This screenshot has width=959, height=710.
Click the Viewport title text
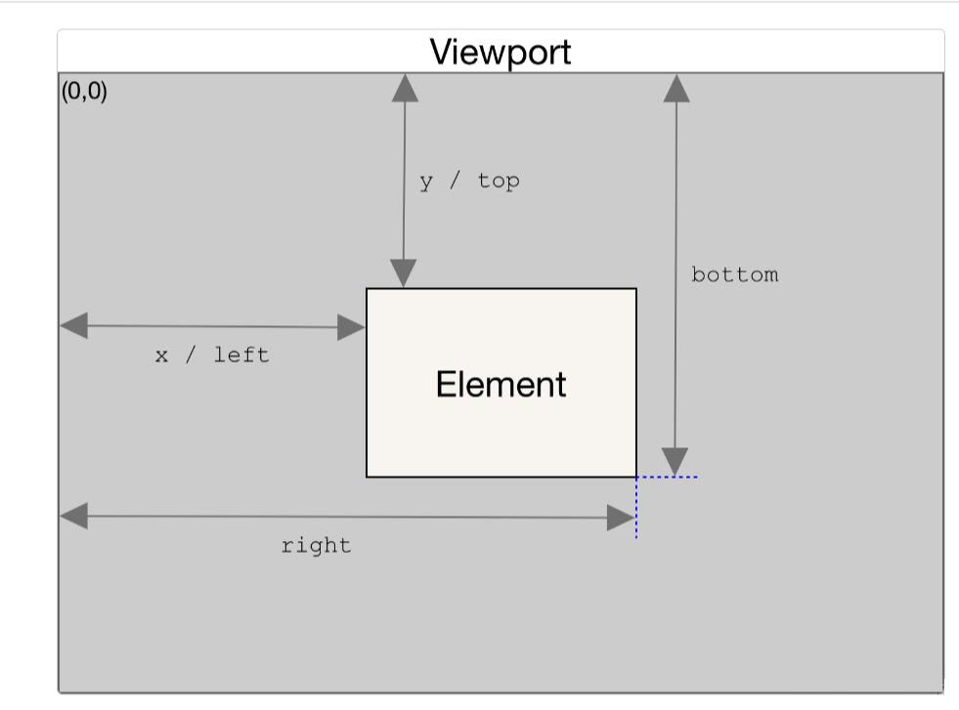[x=501, y=53]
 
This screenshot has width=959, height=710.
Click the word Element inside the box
[x=501, y=385]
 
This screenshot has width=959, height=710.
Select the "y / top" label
[x=469, y=182]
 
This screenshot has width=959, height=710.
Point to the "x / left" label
[x=212, y=355]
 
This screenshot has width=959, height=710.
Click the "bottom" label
[x=734, y=274]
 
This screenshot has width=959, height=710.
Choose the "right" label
[x=316, y=545]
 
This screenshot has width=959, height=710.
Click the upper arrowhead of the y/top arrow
[x=405, y=88]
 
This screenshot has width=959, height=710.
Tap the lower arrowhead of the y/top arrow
[x=404, y=273]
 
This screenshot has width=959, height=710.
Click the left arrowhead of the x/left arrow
[x=74, y=325]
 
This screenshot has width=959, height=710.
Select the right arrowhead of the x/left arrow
[x=351, y=327]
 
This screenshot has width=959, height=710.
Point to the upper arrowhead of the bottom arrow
[x=676, y=88]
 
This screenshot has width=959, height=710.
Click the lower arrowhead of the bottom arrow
[x=675, y=461]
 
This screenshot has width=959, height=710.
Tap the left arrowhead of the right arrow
[x=74, y=517]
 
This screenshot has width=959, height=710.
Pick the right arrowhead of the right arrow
[x=621, y=519]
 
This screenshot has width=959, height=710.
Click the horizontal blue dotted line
[x=668, y=477]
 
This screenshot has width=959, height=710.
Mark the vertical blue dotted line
[x=636, y=508]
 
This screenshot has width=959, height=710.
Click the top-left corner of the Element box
[x=367, y=288]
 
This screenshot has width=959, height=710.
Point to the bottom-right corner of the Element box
[x=636, y=477]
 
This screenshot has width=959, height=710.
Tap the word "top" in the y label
[x=499, y=182]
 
